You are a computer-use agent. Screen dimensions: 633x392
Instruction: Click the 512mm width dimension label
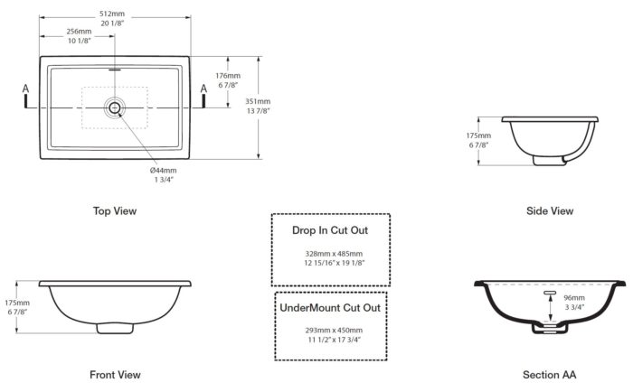[112, 14]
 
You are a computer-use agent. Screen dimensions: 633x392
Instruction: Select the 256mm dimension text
[80, 31]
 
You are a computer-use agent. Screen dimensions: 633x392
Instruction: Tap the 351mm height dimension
[258, 101]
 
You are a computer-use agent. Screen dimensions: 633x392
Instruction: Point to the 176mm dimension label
[228, 75]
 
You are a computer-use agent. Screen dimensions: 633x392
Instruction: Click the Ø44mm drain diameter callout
[163, 170]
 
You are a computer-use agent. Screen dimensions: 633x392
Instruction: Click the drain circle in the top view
[115, 107]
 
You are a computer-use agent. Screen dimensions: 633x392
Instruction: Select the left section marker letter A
[26, 89]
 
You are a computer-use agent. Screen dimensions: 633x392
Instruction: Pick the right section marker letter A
[203, 89]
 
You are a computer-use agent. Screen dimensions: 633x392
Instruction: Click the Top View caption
[115, 211]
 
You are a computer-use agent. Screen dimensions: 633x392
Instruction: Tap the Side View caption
[550, 211]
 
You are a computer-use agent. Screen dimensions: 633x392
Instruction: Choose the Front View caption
[115, 375]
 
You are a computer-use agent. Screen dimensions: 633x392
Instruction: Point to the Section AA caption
[550, 375]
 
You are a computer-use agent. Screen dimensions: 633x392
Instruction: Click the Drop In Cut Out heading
[330, 230]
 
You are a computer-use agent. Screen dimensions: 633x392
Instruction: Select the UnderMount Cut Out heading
[330, 308]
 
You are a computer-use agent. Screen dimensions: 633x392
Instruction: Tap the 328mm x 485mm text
[334, 254]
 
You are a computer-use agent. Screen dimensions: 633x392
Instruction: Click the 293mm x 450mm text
[334, 331]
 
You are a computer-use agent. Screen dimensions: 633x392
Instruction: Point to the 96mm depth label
[574, 298]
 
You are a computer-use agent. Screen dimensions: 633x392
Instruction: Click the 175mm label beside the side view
[478, 135]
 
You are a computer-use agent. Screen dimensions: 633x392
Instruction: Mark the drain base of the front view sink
[115, 328]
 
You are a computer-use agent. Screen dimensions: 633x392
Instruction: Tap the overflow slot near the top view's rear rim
[115, 70]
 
